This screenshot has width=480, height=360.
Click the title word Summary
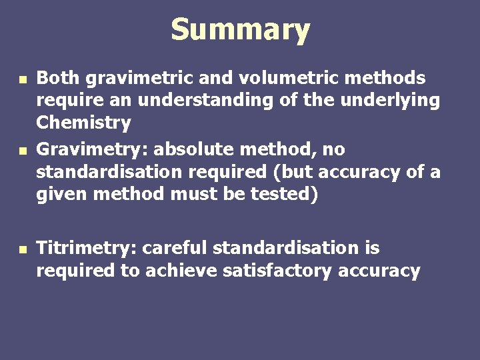coord(240,30)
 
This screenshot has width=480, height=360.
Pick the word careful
coord(175,248)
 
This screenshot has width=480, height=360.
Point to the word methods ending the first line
coord(391,78)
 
